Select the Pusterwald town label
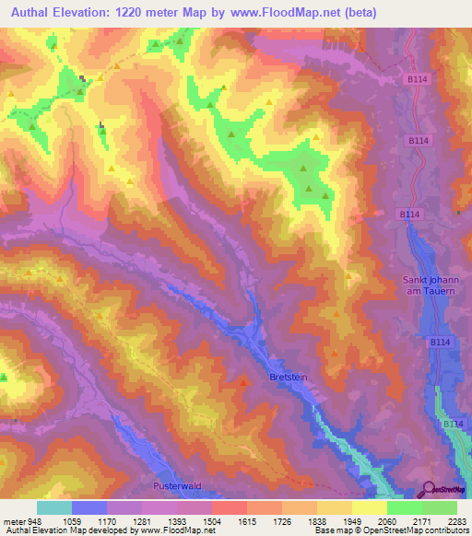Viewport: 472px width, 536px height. tap(175, 485)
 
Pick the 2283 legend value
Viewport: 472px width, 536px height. tap(457, 521)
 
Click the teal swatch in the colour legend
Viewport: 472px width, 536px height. tap(54, 507)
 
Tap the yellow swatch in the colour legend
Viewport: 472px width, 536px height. tap(370, 507)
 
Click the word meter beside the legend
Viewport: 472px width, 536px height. tap(13, 521)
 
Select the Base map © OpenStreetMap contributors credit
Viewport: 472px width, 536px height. tap(393, 530)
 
